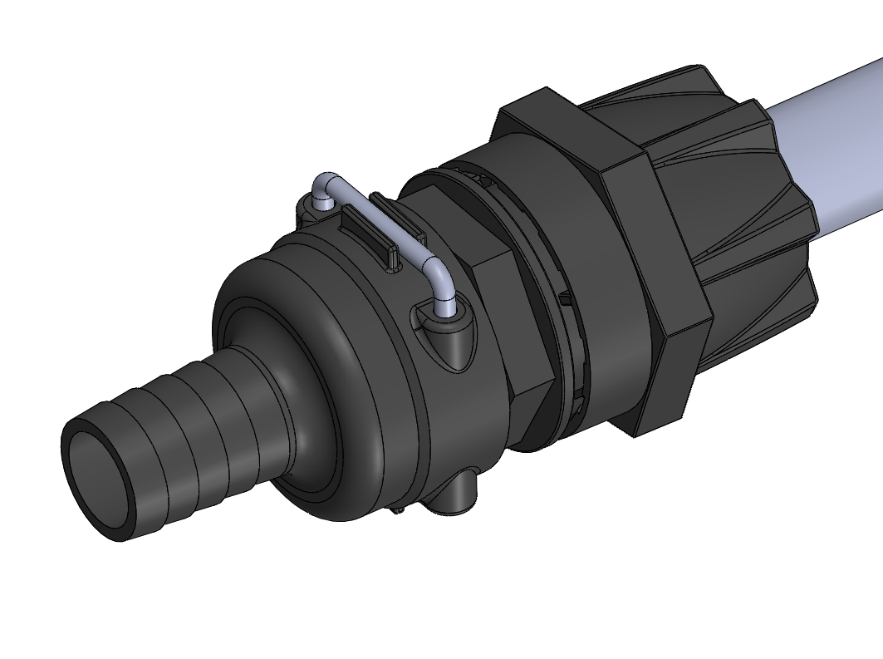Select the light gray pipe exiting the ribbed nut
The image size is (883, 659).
[831, 150]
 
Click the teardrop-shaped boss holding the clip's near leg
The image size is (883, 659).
[449, 332]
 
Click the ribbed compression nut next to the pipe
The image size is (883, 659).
[731, 191]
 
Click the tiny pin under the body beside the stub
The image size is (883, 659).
[400, 508]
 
